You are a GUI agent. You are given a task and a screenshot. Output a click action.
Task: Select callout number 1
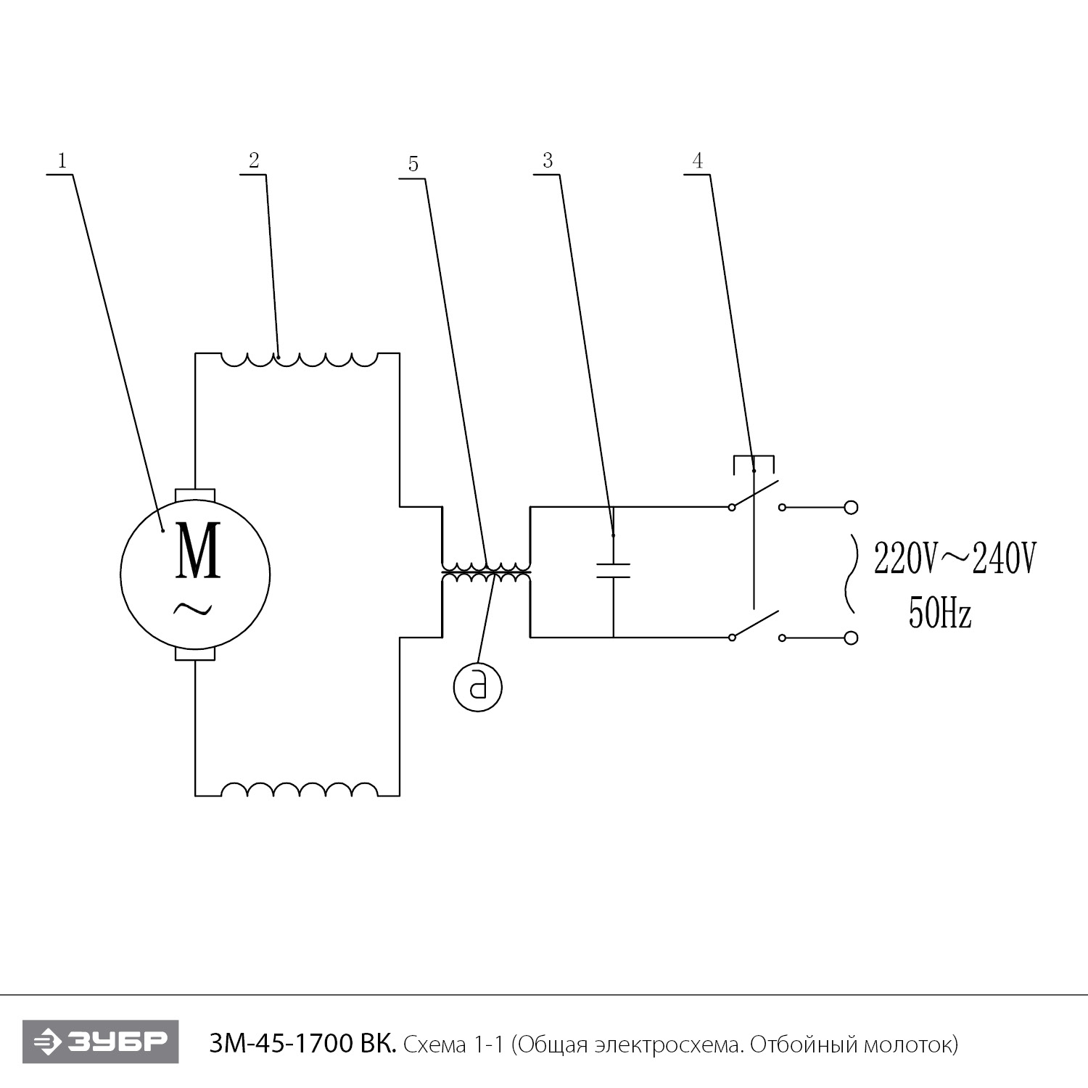(x=62, y=161)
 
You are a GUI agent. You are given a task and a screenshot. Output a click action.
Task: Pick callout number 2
(x=254, y=160)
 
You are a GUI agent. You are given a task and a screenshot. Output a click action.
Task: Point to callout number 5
(x=413, y=164)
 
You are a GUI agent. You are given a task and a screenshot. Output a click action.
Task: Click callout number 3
(x=548, y=160)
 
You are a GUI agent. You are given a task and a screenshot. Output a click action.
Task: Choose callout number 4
(x=698, y=160)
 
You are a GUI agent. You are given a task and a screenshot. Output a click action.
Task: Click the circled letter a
(x=478, y=685)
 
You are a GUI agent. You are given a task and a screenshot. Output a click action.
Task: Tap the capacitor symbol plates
(x=613, y=570)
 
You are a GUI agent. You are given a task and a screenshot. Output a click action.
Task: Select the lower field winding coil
(x=299, y=790)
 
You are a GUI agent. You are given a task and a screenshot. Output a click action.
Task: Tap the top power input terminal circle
(x=852, y=507)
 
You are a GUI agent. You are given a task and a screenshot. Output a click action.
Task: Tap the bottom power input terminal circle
(x=852, y=638)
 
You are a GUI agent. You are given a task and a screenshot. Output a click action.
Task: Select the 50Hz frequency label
(x=939, y=615)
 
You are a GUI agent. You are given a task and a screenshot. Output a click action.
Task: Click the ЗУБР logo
(x=101, y=1042)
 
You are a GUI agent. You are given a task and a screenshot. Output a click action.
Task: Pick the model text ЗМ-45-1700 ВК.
(x=302, y=1044)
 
